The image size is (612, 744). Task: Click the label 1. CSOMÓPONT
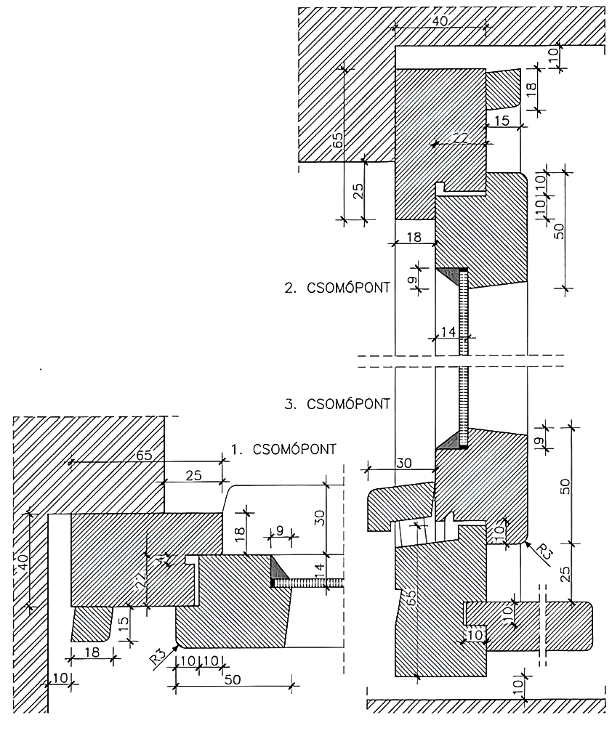coord(283,449)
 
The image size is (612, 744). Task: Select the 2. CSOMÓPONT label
coord(337,287)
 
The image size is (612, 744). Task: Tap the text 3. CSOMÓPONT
coord(337,403)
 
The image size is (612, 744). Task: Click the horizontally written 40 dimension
coord(440,21)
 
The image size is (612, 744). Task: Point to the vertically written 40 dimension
coord(23,560)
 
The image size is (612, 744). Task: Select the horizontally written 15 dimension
coord(502,121)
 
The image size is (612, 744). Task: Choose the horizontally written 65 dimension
coord(145,456)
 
